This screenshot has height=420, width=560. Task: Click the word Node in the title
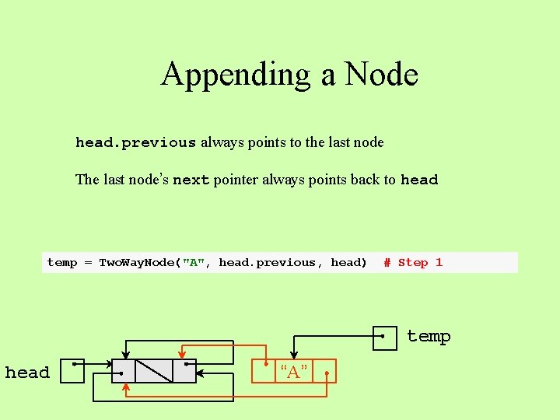[x=381, y=75]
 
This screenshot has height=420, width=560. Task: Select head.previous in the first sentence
[x=135, y=143]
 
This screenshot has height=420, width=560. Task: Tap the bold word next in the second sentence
[x=191, y=180]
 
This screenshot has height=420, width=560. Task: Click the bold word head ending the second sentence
[x=419, y=180]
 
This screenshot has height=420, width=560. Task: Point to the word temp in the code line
[x=62, y=263]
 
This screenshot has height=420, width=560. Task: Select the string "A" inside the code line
[x=194, y=263]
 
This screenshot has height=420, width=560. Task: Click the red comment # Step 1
[x=413, y=263]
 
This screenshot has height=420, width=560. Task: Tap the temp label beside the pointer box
[x=429, y=337]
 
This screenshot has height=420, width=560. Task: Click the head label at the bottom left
[x=27, y=373]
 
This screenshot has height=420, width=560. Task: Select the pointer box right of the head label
[x=72, y=371]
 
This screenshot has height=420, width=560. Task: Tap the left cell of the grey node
[x=124, y=371]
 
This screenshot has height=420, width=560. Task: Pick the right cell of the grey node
[x=184, y=371]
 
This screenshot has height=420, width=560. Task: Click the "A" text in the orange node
[x=293, y=372]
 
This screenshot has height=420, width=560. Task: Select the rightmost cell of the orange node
[x=326, y=372]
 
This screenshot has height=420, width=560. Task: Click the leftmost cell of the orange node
[x=264, y=372]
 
